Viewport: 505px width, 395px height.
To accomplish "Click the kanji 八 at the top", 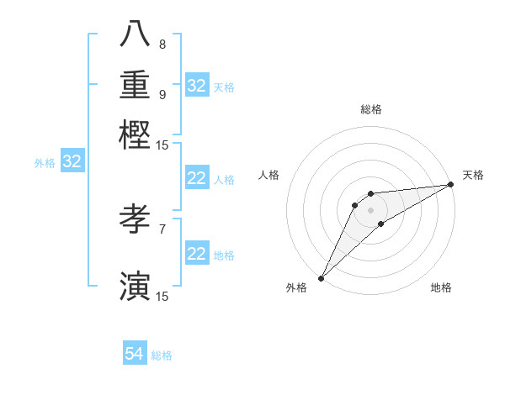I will pos(135,36).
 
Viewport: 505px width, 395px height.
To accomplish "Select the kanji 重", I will pos(135,86).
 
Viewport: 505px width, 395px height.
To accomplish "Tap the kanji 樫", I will pos(135,134).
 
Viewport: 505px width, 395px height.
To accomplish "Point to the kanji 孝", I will pos(135,220).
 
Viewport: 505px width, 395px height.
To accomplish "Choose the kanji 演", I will pos(135,286).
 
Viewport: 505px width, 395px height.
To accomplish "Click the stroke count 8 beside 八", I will pos(162,44).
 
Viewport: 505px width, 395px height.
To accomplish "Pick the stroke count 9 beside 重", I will pos(162,94).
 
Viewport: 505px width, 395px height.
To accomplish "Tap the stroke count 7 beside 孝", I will pos(162,229).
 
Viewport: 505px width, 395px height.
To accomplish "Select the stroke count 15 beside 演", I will pos(162,295).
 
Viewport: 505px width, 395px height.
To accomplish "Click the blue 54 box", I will pos(134,355).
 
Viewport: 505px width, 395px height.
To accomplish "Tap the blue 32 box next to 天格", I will pos(196,86).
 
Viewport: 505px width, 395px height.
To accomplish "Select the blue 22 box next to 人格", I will pos(196,178).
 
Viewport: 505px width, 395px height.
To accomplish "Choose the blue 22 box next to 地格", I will pos(196,254).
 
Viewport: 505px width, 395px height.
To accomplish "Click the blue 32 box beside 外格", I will pos(72,162).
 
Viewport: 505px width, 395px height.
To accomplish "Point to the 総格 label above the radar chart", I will pos(371,109).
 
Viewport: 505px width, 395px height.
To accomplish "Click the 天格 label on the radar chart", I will pos(473,175).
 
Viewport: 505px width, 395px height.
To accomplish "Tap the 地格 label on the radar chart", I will pos(441,287).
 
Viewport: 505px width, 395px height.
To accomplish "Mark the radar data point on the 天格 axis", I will pos(451,185).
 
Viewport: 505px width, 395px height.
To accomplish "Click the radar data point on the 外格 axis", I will pos(321,278).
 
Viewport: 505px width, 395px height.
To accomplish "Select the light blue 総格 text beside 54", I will pos(162,355).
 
